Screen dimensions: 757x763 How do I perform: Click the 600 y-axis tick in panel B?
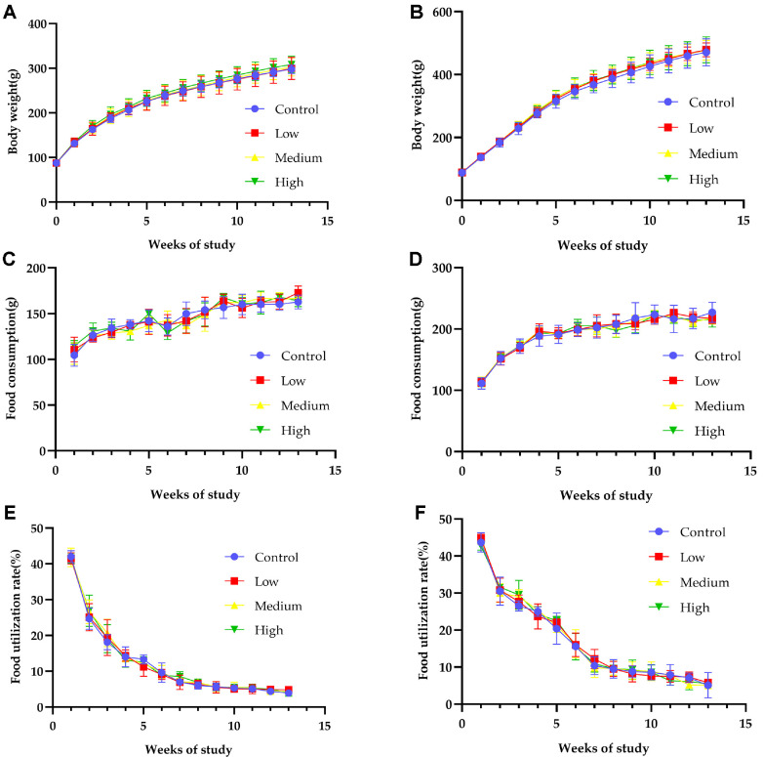440,13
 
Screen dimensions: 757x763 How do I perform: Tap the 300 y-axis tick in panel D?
440,268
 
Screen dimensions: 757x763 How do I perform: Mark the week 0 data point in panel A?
57,162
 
